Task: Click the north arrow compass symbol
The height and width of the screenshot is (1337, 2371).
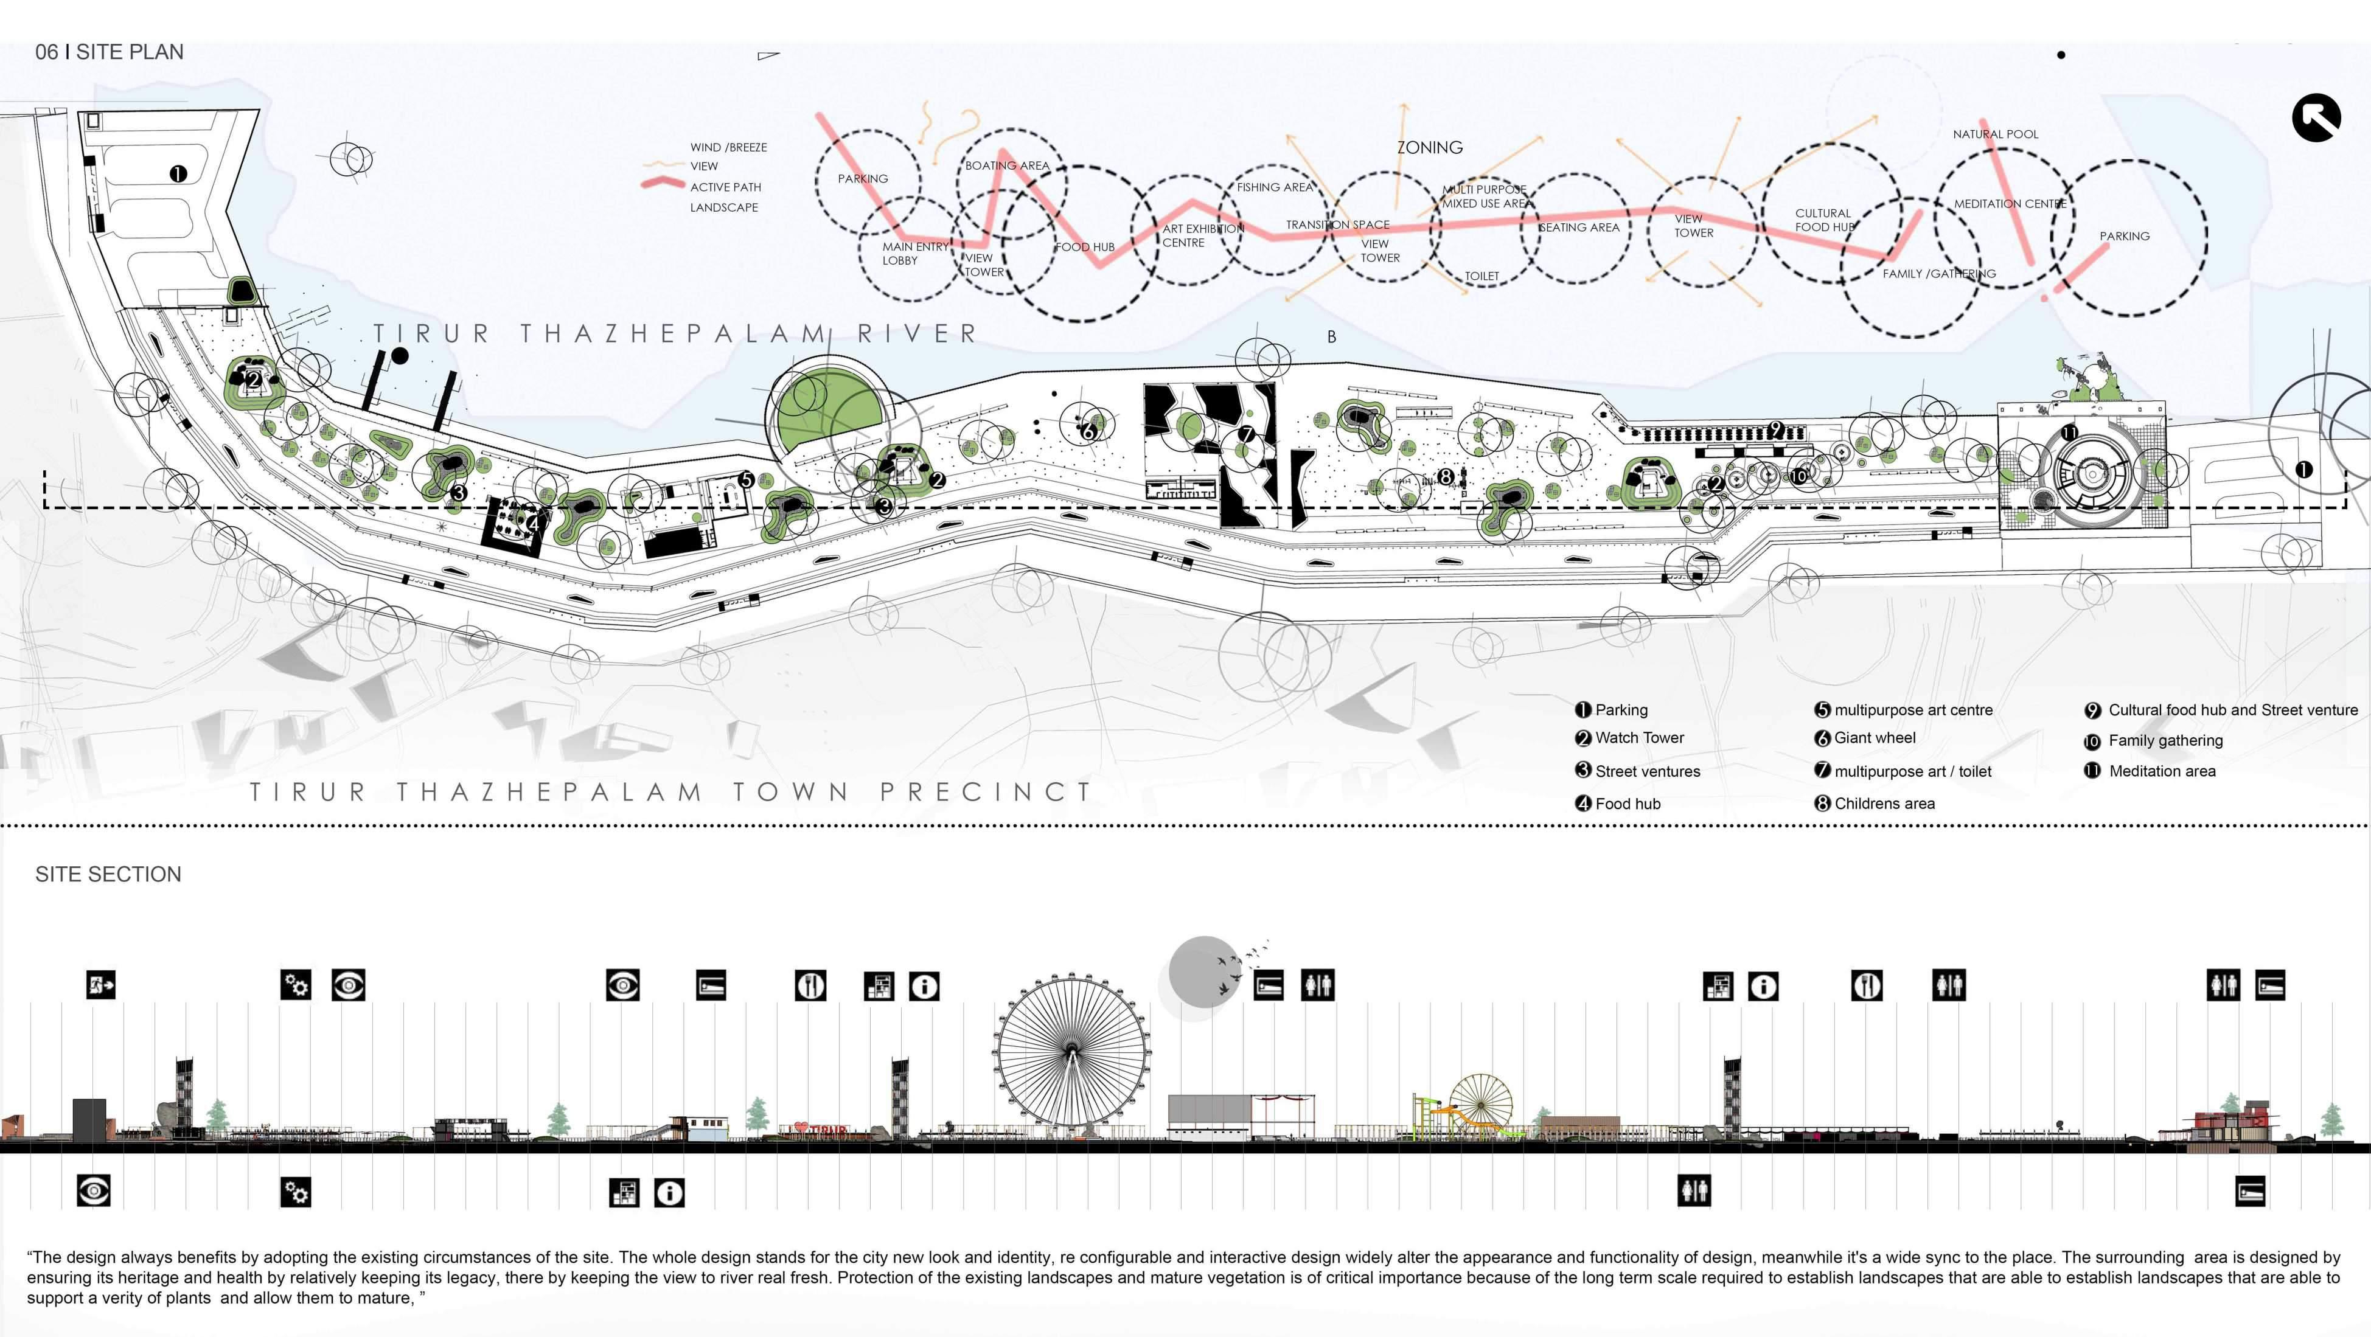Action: (2316, 118)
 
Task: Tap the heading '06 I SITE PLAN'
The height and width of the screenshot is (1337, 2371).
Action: (109, 52)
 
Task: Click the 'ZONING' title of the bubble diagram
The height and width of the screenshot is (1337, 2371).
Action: (1429, 147)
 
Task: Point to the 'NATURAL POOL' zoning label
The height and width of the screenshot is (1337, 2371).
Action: (1996, 134)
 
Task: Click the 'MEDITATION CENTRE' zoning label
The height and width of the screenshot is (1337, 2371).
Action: (2009, 203)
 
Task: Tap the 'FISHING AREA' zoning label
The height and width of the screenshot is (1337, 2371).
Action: (1274, 187)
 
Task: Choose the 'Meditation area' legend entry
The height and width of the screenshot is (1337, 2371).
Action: (2161, 771)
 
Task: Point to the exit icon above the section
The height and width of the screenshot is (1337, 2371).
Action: (101, 985)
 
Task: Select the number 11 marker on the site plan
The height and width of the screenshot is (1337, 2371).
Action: (2069, 432)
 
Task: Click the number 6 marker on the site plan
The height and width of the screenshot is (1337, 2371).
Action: (1088, 431)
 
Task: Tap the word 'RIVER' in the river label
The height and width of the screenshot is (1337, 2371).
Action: (917, 333)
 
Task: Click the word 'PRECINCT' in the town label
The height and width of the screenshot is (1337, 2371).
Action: (985, 791)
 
